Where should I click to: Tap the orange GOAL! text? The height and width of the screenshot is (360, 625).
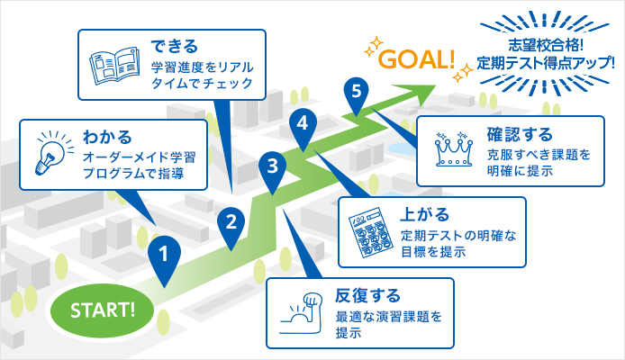417,60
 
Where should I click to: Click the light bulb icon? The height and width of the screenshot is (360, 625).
53,153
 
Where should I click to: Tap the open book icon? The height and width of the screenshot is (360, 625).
114,66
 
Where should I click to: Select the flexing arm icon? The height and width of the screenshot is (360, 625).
302,313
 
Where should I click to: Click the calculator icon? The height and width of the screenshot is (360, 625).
365,232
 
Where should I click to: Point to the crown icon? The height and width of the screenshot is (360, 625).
454,148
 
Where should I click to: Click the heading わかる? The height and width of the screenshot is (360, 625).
107,138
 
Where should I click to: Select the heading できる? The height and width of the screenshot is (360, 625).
174,46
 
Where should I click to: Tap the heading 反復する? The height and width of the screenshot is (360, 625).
367,296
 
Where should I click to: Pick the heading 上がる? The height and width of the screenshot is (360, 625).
424,214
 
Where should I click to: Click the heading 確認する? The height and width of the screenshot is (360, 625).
520,134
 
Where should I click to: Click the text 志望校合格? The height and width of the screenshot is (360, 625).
545,45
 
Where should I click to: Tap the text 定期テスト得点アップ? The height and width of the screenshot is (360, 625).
545,63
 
